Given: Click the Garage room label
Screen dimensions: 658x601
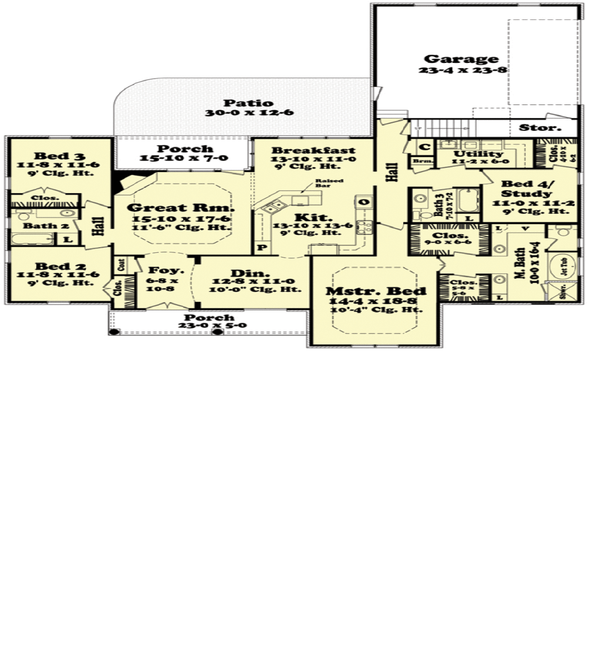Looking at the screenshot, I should tap(461, 59).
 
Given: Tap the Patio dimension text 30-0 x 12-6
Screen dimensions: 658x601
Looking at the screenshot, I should tap(249, 113).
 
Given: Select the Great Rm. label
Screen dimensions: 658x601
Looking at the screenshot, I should tap(181, 208).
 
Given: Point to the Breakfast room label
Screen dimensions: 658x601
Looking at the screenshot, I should tap(313, 150).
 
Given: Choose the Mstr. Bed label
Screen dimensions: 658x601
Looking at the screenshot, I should tap(376, 291).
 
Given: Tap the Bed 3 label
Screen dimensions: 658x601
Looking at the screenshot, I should tap(51, 156).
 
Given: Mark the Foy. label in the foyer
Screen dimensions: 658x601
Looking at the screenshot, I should tap(158, 271).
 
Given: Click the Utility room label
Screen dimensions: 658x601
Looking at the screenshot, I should tap(479, 154).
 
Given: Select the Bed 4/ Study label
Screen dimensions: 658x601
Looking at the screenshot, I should tap(526, 188).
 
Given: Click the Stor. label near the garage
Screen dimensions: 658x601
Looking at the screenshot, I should tap(540, 127).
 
